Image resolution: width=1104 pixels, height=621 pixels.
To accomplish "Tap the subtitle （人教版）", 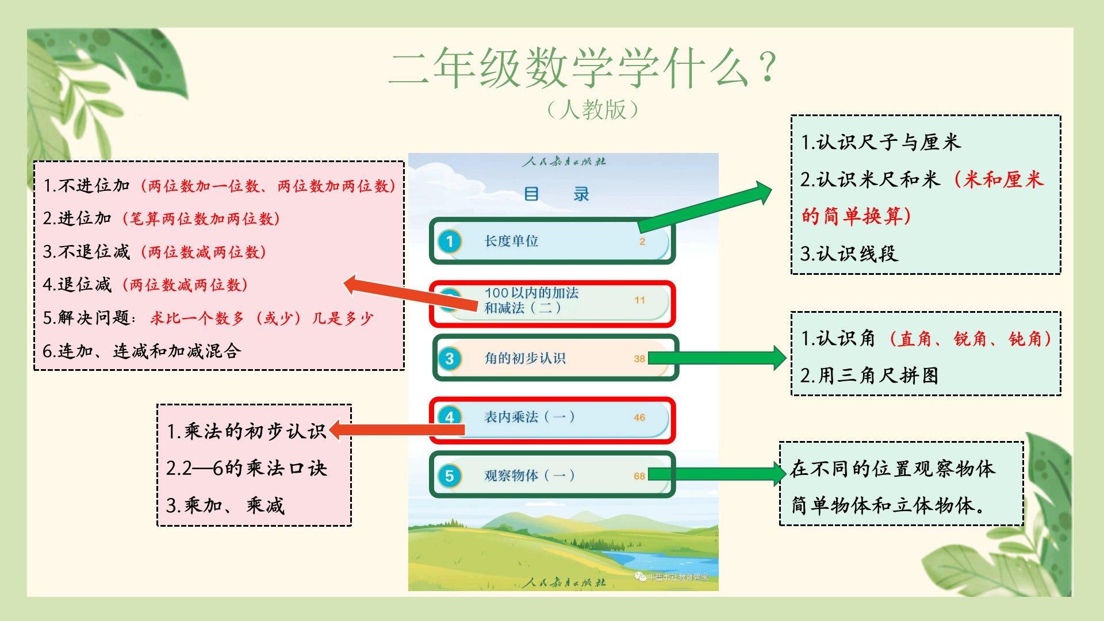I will (593, 109).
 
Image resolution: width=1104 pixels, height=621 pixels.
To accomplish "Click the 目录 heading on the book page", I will (557, 194).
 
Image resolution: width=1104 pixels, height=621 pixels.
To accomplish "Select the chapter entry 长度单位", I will (511, 241).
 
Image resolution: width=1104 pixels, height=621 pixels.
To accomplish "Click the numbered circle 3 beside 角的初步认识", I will (450, 359).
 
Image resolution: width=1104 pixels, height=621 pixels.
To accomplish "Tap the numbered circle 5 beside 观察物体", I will (450, 476).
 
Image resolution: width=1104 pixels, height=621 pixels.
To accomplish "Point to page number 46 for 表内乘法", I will (639, 417).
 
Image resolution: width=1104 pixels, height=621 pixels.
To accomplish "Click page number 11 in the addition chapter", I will (639, 300).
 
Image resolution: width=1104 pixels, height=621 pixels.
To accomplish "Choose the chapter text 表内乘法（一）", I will (529, 417).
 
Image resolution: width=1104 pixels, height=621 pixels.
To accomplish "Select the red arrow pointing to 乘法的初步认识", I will (397, 430).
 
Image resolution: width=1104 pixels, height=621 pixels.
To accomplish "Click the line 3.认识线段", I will (849, 254).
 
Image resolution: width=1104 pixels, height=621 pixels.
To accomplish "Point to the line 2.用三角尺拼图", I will (869, 375).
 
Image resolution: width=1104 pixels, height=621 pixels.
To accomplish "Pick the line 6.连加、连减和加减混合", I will (142, 351).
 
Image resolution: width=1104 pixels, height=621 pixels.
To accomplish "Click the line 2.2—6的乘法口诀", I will (246, 468).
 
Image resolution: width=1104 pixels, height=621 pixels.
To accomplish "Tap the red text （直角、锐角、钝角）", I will (969, 339).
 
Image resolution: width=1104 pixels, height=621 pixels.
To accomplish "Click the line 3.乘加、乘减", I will (225, 505).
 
